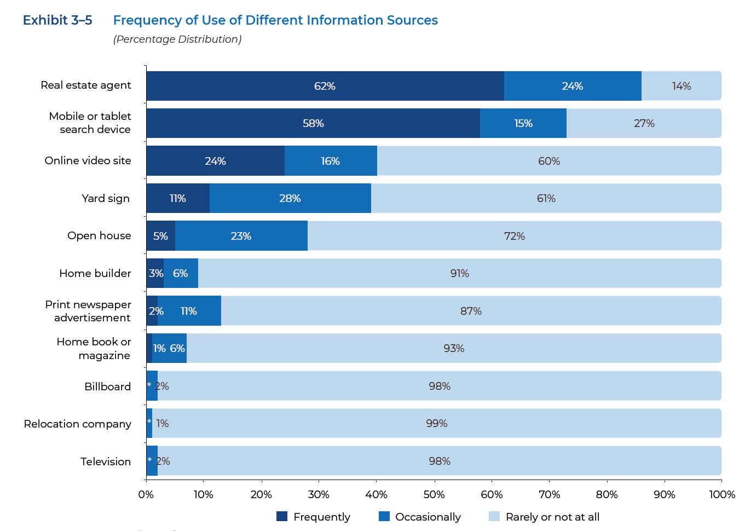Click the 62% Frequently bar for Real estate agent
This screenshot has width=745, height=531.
tap(325, 86)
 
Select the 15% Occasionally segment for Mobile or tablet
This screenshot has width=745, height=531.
tap(523, 123)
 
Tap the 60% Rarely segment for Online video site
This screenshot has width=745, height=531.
tap(548, 161)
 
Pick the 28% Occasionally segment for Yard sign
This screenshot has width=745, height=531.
tap(290, 198)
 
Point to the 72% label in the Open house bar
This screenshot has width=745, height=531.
tap(514, 236)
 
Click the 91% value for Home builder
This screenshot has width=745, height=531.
tap(459, 273)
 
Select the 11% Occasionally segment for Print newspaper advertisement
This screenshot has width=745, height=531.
tap(189, 311)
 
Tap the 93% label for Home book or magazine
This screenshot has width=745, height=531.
tap(454, 348)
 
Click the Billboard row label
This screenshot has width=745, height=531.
tap(107, 386)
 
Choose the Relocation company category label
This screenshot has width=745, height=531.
tap(77, 424)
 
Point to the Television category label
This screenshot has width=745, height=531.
tap(106, 461)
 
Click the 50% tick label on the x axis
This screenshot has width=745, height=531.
tap(434, 494)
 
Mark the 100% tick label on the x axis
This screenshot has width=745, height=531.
tap(721, 494)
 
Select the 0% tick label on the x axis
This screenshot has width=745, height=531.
tap(146, 494)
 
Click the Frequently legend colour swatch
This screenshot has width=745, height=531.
tap(282, 516)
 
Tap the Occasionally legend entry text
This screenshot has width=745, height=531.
tap(428, 517)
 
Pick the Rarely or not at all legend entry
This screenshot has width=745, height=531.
tap(552, 517)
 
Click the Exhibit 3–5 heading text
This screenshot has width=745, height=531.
tap(57, 20)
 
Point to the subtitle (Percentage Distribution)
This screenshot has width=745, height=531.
tap(177, 39)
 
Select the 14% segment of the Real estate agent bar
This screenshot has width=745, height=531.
tap(681, 86)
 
